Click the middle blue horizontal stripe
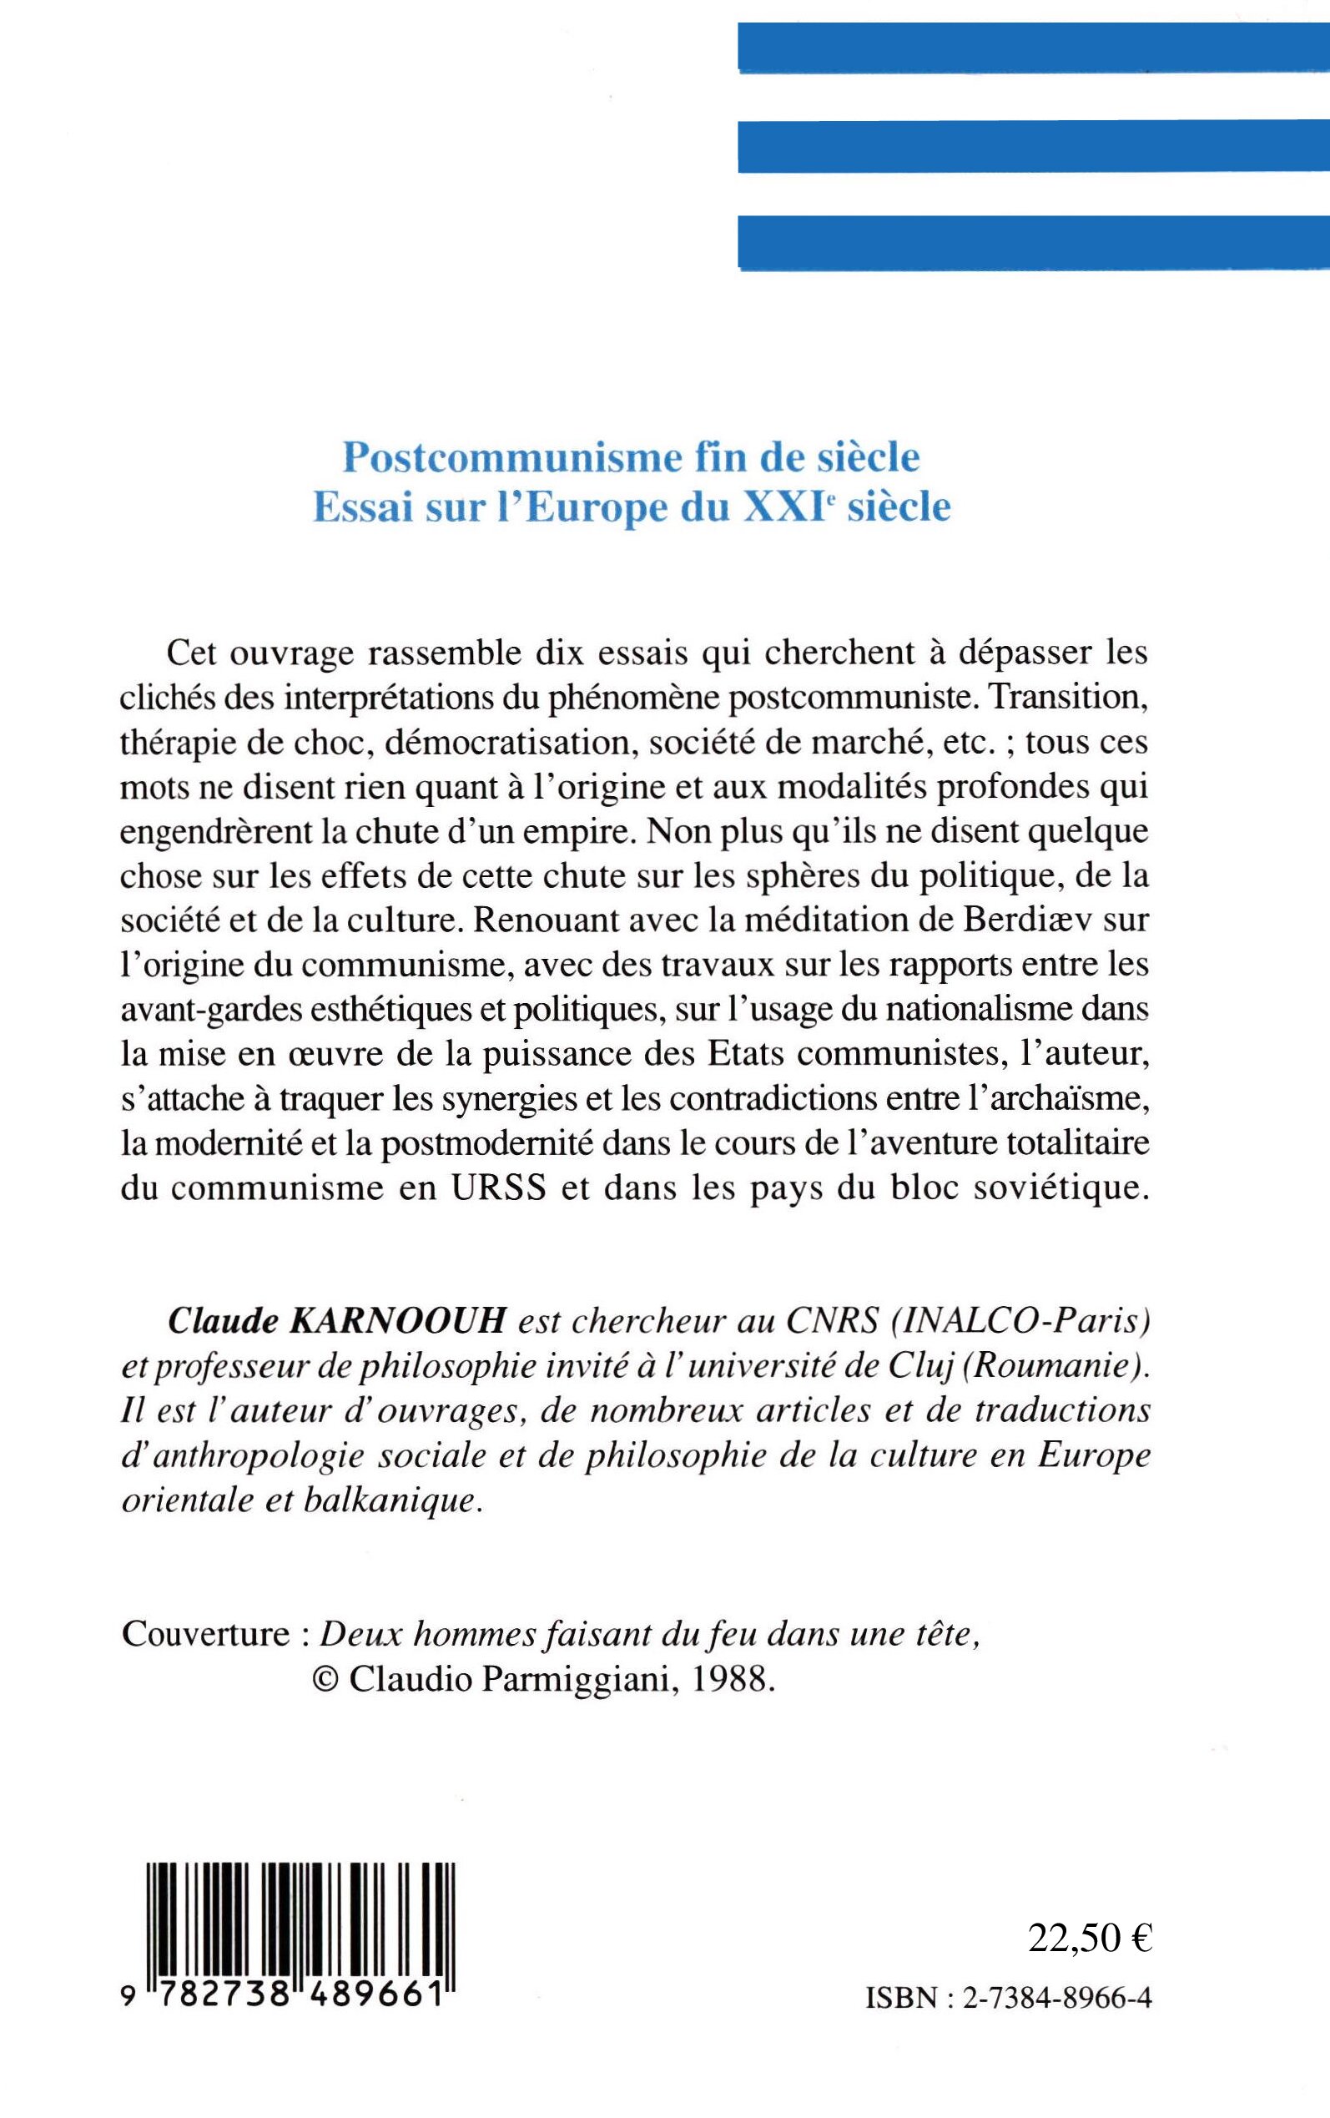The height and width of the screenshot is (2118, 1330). pos(1034,147)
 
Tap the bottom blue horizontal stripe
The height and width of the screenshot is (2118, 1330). pos(1034,242)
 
